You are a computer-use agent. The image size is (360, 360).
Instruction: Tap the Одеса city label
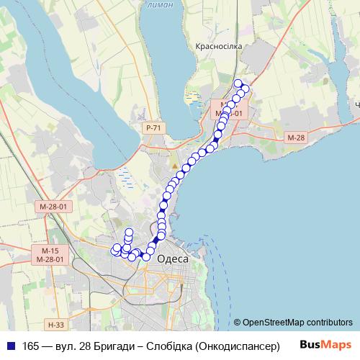click(x=172, y=259)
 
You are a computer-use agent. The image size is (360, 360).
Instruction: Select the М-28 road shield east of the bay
click(x=296, y=138)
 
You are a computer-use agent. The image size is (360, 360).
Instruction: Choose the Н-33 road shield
click(x=55, y=325)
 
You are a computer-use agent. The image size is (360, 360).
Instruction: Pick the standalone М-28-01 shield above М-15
click(x=53, y=207)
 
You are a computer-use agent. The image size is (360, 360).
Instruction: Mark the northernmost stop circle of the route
click(x=238, y=83)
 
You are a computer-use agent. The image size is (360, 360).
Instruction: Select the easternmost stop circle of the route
click(x=246, y=89)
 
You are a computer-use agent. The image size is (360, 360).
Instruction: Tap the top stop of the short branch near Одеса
click(x=130, y=232)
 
